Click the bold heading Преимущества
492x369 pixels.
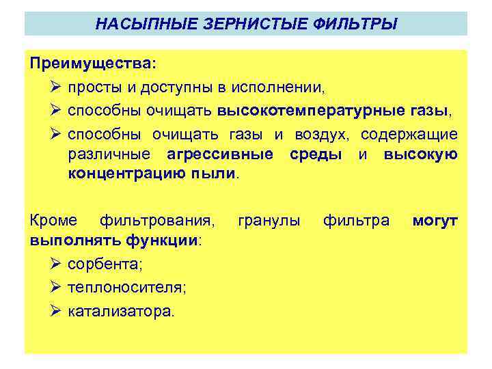tap(91, 63)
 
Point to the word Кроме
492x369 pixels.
tap(53, 220)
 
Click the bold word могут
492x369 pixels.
tap(435, 220)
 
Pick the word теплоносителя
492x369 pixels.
tap(127, 288)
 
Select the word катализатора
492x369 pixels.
tap(122, 312)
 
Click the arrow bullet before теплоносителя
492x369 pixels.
tap(57, 288)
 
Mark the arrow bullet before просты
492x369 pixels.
tap(57, 87)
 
